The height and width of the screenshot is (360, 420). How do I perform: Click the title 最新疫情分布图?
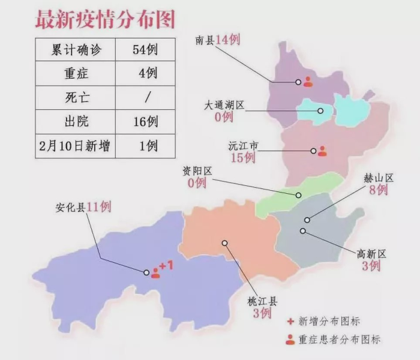(x=106, y=19)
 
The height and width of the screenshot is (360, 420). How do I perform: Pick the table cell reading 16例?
(x=145, y=122)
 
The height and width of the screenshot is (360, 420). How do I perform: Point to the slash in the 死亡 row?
(x=147, y=98)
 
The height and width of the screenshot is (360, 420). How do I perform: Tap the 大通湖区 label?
(x=224, y=105)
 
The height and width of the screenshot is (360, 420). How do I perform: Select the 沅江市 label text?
(x=244, y=146)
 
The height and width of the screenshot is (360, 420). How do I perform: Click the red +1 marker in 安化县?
(x=166, y=265)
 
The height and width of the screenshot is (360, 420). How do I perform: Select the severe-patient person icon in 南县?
(x=308, y=82)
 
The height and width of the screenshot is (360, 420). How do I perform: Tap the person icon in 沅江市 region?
(x=322, y=151)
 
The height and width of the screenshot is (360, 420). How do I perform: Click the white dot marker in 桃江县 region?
(x=224, y=243)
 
